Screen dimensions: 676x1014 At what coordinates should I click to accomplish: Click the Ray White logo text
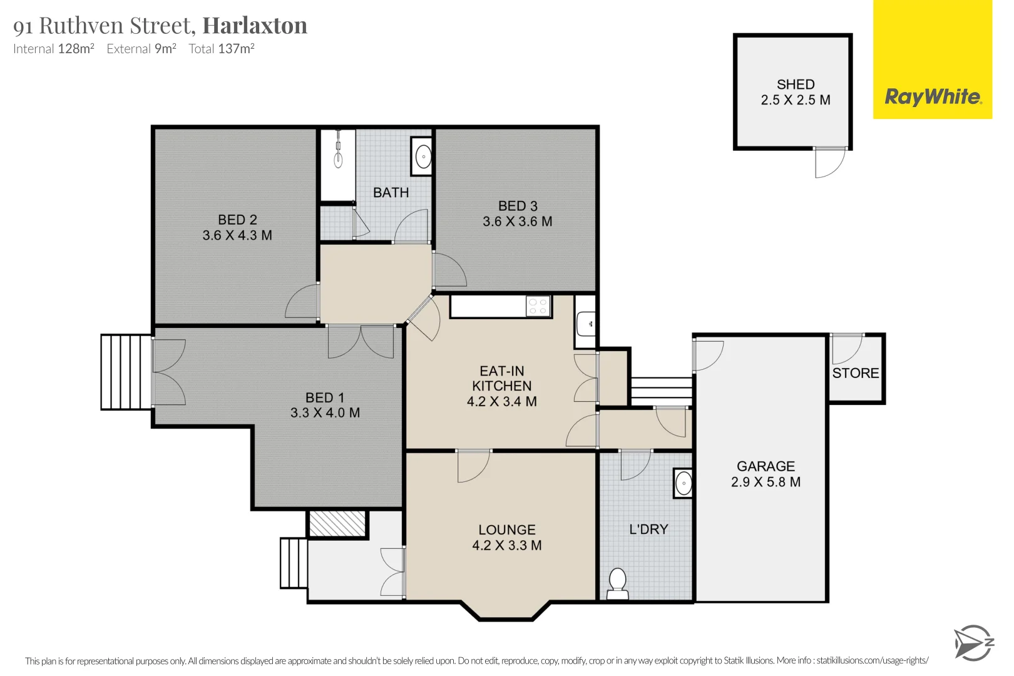pos(933,97)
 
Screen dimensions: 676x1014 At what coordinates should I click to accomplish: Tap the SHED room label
pos(796,84)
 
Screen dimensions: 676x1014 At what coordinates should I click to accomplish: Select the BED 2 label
pos(237,220)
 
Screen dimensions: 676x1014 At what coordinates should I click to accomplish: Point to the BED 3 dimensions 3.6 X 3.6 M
pos(517,222)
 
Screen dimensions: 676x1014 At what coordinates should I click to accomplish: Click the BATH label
pos(391,193)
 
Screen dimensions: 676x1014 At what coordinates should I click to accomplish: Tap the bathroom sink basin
pos(423,156)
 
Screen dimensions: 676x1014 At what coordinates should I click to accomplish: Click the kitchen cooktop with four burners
pos(538,307)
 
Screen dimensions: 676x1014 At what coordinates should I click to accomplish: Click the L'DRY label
pos(648,530)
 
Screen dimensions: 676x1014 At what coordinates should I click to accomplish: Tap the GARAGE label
pos(766,466)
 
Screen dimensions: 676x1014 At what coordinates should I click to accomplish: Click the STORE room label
pos(855,373)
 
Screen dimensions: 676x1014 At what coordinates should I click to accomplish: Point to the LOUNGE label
pos(507,530)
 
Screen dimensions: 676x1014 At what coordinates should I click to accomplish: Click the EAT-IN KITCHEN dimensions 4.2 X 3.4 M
pos(501,402)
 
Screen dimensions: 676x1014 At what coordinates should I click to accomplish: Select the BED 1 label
pos(324,397)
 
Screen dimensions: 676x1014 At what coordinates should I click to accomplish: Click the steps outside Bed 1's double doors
pos(126,372)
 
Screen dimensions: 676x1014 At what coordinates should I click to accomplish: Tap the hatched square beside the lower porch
pos(337,524)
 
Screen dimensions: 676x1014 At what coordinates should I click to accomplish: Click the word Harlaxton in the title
pos(255,26)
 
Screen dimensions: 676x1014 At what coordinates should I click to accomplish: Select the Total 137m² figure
pos(222,49)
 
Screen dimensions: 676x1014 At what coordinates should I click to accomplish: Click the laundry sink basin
pos(684,483)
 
